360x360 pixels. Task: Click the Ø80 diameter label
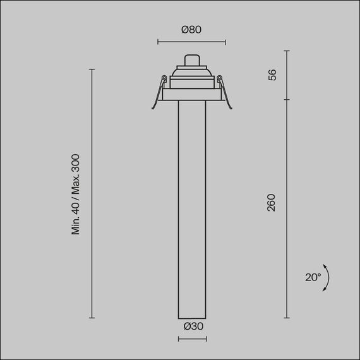tap(191, 29)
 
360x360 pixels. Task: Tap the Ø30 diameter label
tap(193, 327)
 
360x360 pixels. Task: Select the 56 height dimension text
tap(272, 75)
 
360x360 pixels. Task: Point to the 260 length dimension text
tap(272, 203)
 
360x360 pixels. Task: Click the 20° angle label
tap(313, 277)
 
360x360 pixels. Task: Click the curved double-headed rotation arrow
tap(327, 277)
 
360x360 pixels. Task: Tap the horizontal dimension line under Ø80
tap(191, 42)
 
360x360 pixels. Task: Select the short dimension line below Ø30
tap(192, 339)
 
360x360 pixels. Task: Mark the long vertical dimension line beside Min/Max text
tap(92, 193)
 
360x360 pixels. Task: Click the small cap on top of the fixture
tap(192, 61)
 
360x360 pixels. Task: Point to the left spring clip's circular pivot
tap(164, 79)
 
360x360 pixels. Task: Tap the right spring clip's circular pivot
tap(220, 79)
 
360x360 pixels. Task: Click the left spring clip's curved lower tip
tap(153, 107)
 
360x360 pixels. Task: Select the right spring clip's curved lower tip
tap(231, 107)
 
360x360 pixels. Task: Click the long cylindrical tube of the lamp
tap(192, 208)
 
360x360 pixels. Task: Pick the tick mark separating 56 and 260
tap(287, 100)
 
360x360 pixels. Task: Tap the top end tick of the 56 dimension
tap(287, 51)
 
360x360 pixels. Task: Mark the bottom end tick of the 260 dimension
tap(287, 318)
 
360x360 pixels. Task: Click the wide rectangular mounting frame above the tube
tap(192, 94)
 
